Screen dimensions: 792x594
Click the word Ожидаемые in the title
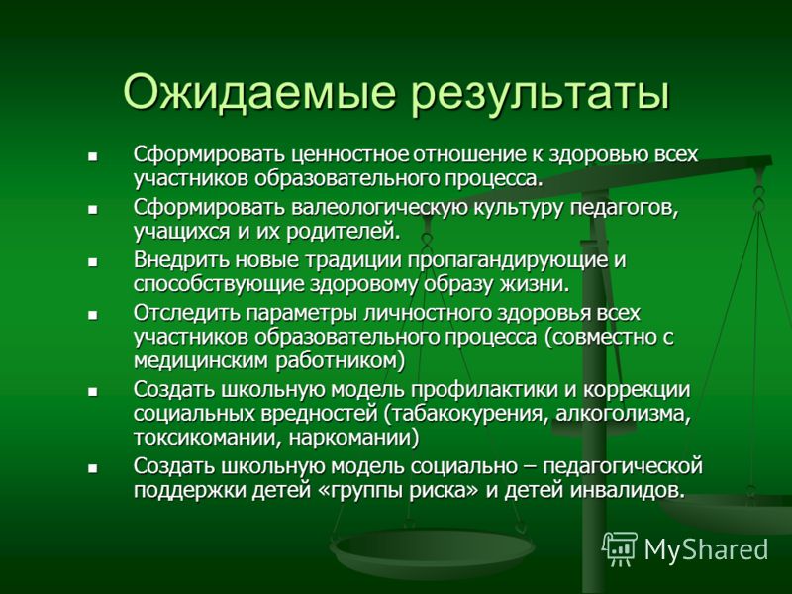(x=258, y=92)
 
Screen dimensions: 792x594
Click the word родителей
(x=344, y=232)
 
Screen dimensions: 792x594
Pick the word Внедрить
(x=181, y=260)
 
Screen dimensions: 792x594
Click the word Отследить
(x=186, y=313)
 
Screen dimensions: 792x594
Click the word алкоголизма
(x=624, y=414)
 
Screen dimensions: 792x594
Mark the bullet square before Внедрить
(x=92, y=262)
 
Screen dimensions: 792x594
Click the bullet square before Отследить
(x=92, y=316)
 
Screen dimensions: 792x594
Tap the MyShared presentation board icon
(x=620, y=548)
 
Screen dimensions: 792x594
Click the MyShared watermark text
(x=706, y=549)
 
